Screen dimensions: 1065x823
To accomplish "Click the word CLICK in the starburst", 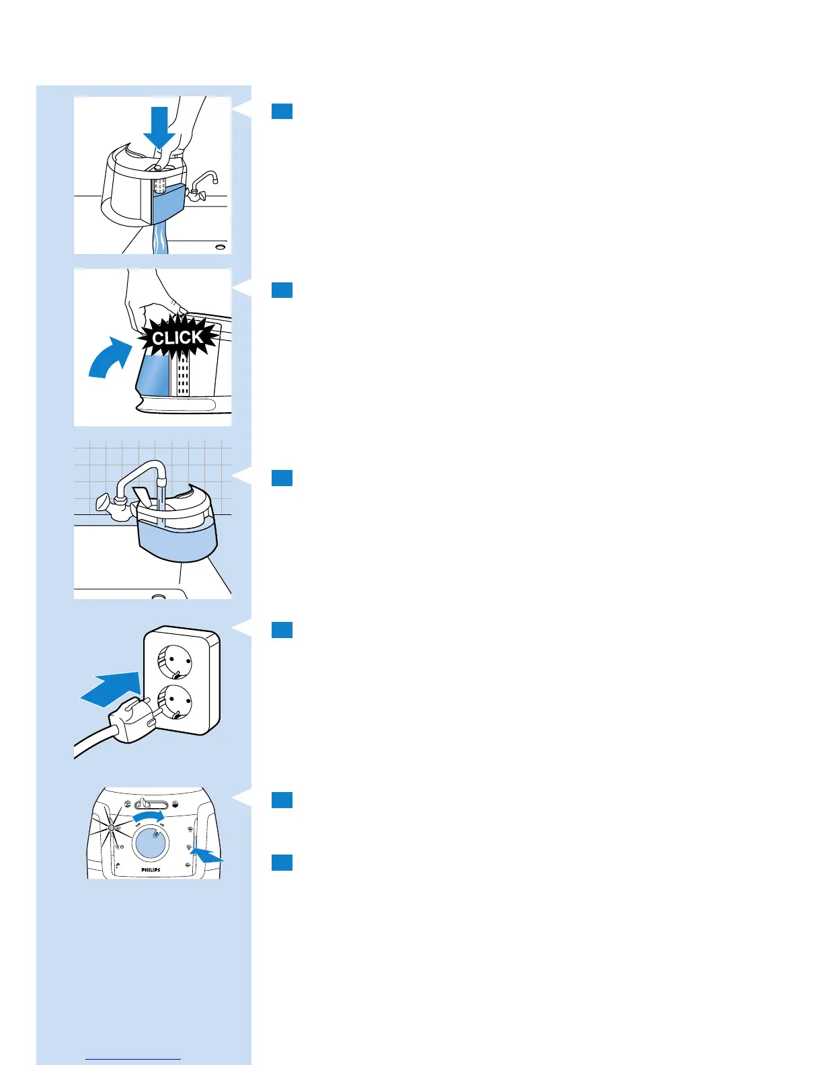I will (177, 337).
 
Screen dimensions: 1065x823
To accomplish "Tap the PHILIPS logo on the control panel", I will (151, 869).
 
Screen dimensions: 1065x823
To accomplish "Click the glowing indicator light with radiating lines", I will (112, 828).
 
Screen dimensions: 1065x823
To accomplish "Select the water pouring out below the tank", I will (160, 240).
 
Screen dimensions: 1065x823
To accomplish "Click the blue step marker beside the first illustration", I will (282, 111).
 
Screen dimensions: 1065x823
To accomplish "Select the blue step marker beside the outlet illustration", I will (282, 629).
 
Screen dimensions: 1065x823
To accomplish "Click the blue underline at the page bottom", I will (134, 1060).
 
